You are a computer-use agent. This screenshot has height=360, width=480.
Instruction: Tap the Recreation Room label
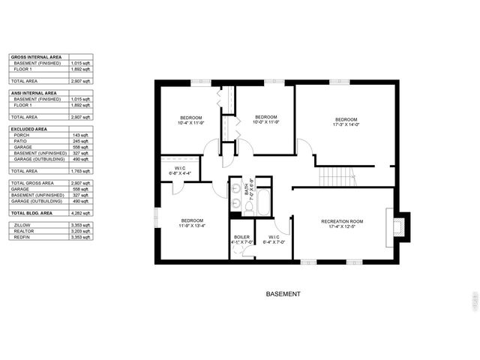tap(341, 223)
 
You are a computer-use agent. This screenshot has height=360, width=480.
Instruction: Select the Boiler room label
tap(241, 239)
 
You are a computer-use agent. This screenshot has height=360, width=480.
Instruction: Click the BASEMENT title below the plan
tap(283, 294)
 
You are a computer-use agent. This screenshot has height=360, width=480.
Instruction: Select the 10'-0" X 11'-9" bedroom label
tap(266, 120)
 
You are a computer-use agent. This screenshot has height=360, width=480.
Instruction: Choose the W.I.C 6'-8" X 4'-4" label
tap(180, 171)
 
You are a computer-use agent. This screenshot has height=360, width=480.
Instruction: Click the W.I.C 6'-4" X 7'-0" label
tap(273, 239)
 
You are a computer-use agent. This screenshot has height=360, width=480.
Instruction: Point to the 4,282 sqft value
tap(81, 213)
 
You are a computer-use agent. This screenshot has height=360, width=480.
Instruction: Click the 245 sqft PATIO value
tap(81, 141)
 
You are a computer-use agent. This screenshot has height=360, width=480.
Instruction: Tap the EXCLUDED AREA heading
tap(30, 129)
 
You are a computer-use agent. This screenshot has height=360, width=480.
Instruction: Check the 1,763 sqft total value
tap(81, 171)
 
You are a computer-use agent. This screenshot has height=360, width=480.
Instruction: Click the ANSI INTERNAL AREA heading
tap(34, 93)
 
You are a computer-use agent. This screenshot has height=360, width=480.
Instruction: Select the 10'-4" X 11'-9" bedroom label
tap(191, 120)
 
